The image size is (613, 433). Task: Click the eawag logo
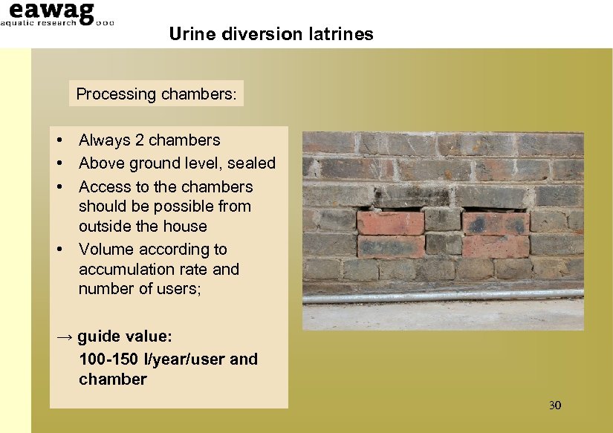point(51,12)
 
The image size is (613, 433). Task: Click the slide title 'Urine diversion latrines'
point(270,34)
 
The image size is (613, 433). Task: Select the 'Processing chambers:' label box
point(156,94)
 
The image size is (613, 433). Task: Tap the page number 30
point(554,405)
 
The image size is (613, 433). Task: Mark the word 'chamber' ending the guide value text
point(113,380)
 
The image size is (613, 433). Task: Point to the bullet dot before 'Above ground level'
point(58,163)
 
